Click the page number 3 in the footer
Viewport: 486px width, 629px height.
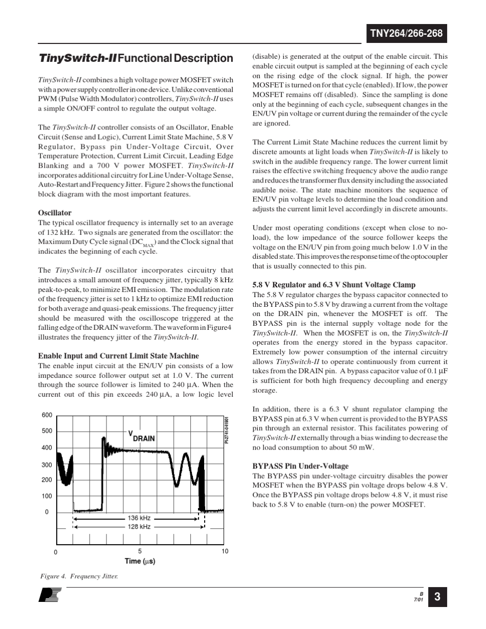[x=437, y=597]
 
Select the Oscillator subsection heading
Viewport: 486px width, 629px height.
[x=55, y=213]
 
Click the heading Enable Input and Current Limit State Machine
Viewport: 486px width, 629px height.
[x=119, y=356]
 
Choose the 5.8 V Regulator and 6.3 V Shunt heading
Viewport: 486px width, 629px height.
[x=334, y=285]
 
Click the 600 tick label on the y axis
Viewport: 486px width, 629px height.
[x=47, y=415]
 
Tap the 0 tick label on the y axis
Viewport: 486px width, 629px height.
[x=47, y=512]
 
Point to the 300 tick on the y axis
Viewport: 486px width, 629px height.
[x=47, y=465]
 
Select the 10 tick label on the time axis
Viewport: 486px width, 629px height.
[x=225, y=551]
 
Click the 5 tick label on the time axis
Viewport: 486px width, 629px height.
[x=140, y=551]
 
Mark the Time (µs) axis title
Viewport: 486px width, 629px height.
[x=140, y=561]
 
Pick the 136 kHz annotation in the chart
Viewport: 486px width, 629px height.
[x=139, y=518]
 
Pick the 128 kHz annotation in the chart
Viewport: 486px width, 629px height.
[x=139, y=526]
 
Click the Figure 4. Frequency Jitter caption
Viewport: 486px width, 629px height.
[x=79, y=576]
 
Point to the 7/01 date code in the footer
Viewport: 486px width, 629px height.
[x=418, y=599]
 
